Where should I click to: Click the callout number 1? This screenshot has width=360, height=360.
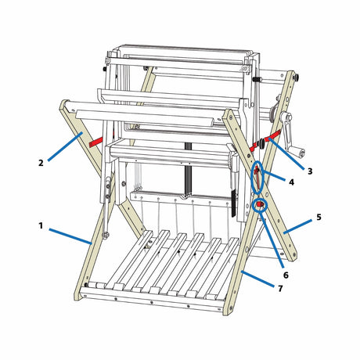point(41,225)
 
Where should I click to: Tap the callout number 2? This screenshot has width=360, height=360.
point(41,163)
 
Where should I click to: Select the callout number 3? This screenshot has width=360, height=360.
point(310,171)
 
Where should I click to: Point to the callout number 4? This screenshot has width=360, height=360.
point(291,182)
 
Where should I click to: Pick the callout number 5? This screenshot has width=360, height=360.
point(319,217)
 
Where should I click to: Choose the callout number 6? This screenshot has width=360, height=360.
point(286,275)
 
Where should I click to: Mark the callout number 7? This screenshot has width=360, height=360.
point(280,289)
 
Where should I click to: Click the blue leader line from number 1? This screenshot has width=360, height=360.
point(70,236)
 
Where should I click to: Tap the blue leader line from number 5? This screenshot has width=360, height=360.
point(297,226)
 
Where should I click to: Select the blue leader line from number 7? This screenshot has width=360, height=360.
point(258,279)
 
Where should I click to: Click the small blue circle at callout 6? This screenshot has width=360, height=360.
point(261,205)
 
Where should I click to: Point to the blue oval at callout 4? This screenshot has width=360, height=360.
point(257,178)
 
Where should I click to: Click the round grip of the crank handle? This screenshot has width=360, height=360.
point(301,153)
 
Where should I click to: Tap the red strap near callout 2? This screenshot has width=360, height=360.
point(96,142)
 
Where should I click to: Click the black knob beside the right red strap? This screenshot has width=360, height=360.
point(261,144)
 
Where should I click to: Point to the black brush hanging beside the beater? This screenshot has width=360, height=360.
point(234,203)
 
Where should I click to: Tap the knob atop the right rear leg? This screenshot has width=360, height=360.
point(296,77)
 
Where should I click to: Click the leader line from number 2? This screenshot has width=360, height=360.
point(65,146)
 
